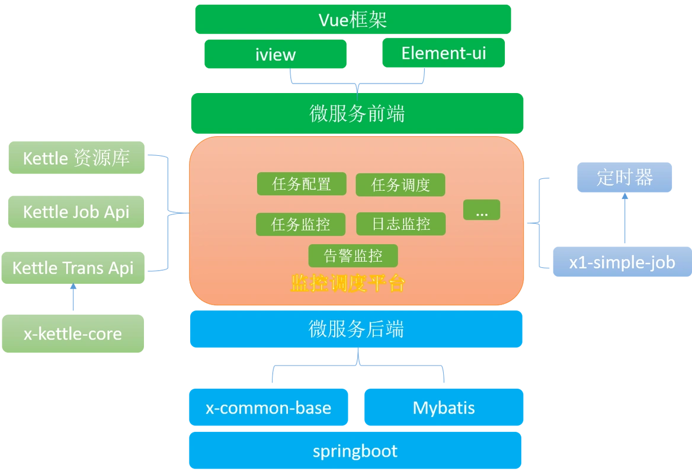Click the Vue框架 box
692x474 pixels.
[353, 20]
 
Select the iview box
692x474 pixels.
[275, 55]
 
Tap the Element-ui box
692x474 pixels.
[443, 53]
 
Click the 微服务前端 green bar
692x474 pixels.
[357, 113]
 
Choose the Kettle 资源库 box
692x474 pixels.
[76, 158]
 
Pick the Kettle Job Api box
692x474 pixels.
[76, 212]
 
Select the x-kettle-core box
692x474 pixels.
[73, 334]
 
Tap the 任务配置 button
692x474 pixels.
[302, 184]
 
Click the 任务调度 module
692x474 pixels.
[401, 185]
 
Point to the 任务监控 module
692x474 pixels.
[301, 225]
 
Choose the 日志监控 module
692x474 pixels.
[401, 224]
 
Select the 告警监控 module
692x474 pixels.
[353, 255]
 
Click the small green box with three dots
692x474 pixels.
[482, 210]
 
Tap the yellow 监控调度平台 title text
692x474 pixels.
[348, 284]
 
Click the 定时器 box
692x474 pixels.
[625, 177]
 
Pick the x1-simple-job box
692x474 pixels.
[621, 262]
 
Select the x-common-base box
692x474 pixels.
[268, 408]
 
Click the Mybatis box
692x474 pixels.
[443, 408]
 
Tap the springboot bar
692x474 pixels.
[355, 451]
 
